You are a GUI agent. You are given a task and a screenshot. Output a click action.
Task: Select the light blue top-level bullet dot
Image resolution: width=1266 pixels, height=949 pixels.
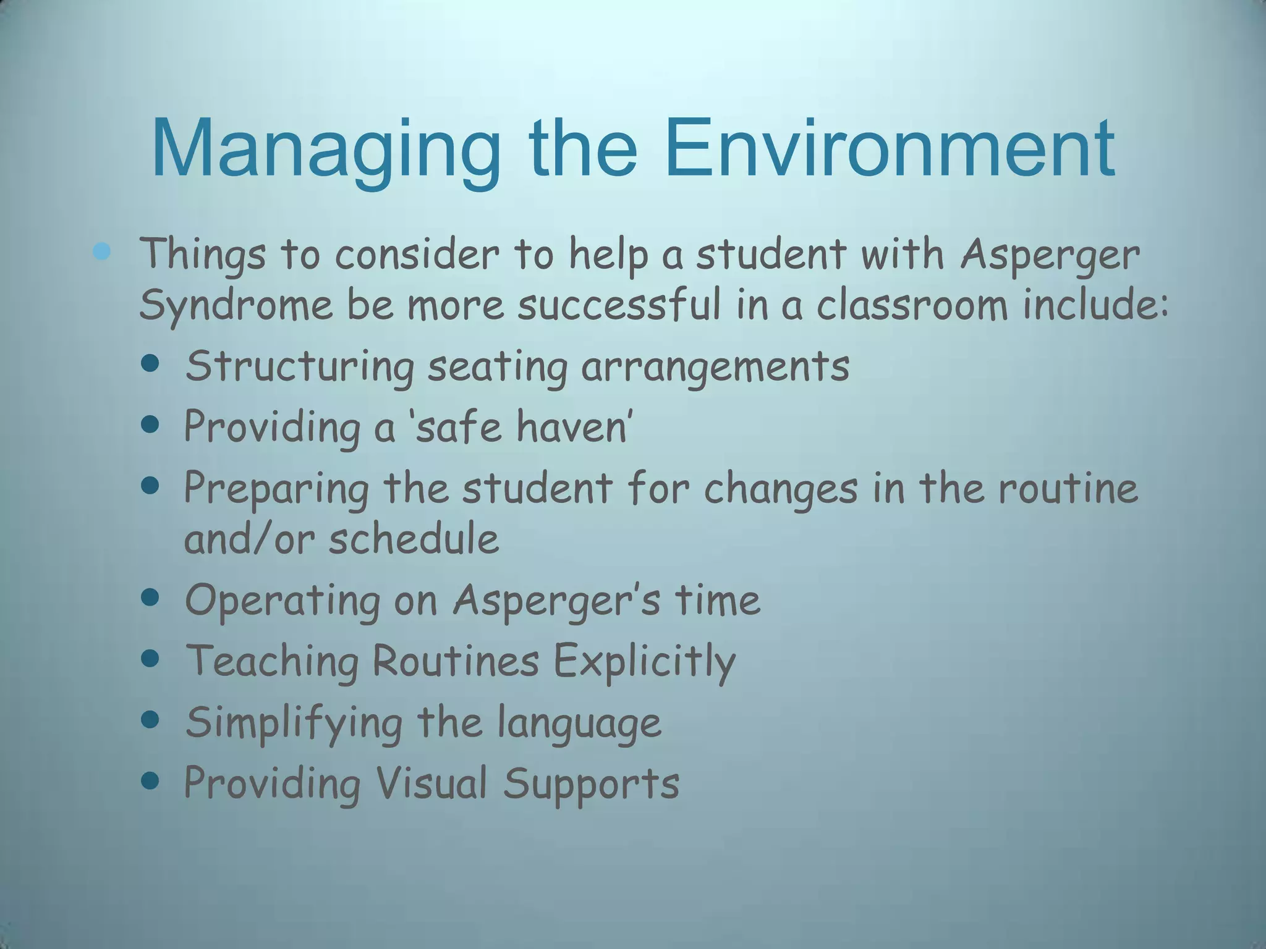[x=101, y=251]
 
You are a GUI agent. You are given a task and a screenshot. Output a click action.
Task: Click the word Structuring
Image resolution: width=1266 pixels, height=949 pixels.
[x=299, y=366]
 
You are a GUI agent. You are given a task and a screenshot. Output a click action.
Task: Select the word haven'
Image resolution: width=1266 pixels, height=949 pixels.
[x=574, y=427]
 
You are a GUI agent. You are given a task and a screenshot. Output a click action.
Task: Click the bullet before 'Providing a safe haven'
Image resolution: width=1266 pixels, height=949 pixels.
[x=150, y=424]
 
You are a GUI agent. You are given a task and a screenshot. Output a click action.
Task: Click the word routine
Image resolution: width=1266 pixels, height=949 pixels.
[x=1068, y=487]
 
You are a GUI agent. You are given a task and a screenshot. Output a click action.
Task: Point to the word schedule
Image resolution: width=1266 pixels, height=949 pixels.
[x=414, y=539]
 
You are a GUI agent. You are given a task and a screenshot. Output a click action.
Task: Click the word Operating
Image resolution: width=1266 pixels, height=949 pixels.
[x=283, y=601]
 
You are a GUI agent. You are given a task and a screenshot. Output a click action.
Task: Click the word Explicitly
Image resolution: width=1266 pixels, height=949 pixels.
[x=644, y=662]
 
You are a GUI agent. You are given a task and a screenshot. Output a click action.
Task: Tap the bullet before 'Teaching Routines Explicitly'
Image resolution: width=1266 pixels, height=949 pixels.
[x=150, y=659]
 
